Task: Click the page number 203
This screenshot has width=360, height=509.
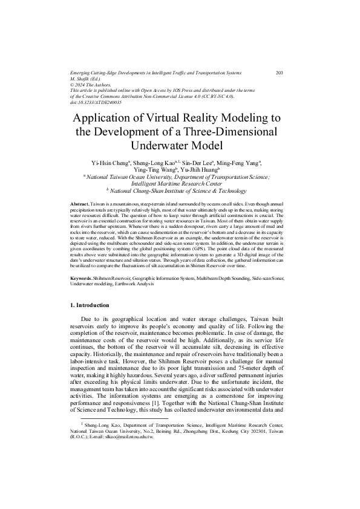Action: point(280,73)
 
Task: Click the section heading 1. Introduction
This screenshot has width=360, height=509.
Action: point(90,305)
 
